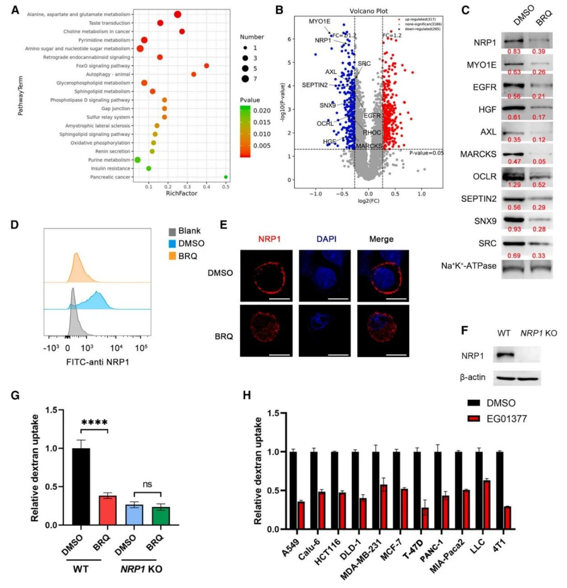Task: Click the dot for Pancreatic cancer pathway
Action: [x=226, y=177]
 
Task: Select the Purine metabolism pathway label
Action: [x=109, y=160]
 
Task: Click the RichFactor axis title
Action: [x=181, y=193]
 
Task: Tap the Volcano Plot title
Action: [x=369, y=11]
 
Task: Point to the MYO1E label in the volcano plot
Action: [x=319, y=21]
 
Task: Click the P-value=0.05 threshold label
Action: [x=426, y=153]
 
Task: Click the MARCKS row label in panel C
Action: [x=478, y=154]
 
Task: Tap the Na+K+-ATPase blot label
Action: [x=468, y=266]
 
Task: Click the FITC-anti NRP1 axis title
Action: [x=97, y=362]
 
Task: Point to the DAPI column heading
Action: [x=326, y=239]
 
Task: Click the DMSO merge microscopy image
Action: [x=383, y=276]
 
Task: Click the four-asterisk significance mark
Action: [x=94, y=422]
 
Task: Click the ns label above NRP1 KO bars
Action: [x=147, y=484]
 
